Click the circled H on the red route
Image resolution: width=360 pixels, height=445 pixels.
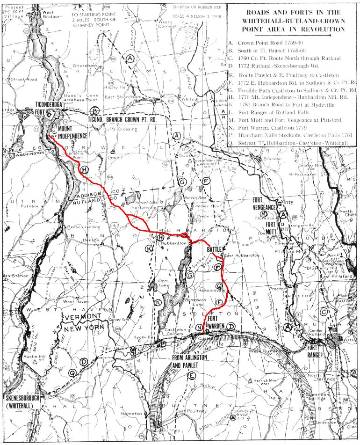tap(84, 170)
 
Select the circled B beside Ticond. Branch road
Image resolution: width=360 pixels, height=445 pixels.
tap(95, 111)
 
